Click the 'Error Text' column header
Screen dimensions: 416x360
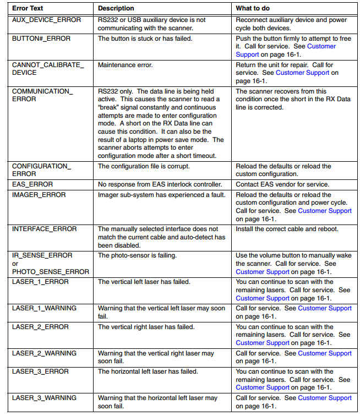(x=28, y=8)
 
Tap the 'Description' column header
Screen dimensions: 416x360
(x=116, y=8)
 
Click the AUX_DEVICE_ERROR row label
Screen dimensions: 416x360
(x=46, y=20)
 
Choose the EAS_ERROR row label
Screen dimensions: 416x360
(x=32, y=184)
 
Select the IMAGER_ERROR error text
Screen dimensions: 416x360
(x=39, y=195)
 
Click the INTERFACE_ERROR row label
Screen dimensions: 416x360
(x=45, y=229)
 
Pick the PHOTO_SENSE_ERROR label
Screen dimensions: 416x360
(x=51, y=271)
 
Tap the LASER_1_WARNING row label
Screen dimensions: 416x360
(x=45, y=308)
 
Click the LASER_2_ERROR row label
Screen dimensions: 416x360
(x=40, y=327)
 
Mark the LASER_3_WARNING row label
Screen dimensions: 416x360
(x=45, y=398)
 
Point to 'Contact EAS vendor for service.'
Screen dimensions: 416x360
(x=282, y=184)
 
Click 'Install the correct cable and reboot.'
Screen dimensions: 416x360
(x=287, y=229)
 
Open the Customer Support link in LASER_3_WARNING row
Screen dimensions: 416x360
(x=325, y=398)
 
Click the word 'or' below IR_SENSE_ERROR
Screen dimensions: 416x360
(x=15, y=264)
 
